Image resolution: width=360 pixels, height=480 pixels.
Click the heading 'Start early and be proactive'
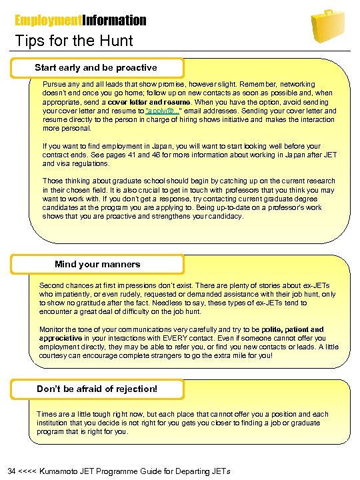[96, 67]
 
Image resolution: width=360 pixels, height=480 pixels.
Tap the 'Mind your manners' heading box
[97, 264]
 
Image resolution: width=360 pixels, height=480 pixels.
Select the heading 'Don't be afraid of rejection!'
[97, 388]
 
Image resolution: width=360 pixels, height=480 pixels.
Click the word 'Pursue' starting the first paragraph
[54, 85]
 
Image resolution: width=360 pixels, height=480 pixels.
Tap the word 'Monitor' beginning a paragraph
[53, 329]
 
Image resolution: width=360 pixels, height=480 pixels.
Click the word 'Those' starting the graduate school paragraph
[53, 181]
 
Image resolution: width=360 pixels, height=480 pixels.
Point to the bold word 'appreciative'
[61, 338]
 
